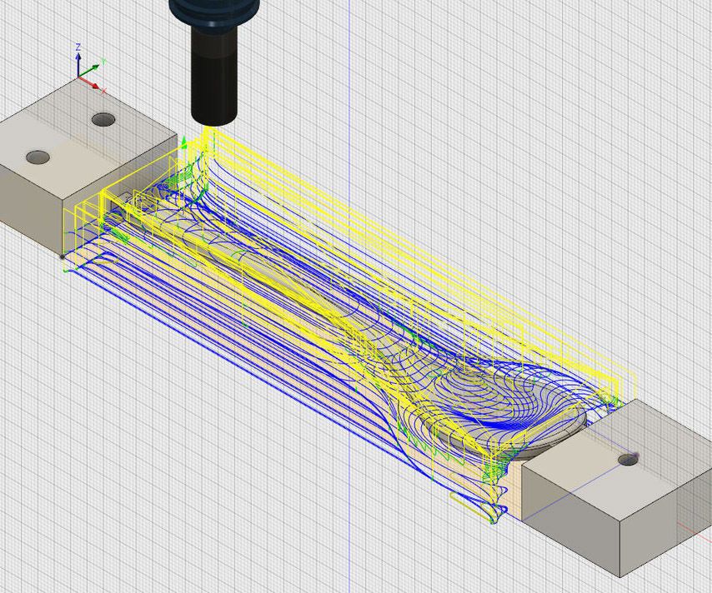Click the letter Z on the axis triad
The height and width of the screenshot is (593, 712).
click(x=78, y=47)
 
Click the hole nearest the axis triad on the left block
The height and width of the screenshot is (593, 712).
click(x=103, y=120)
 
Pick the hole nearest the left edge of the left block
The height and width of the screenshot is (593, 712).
click(x=38, y=157)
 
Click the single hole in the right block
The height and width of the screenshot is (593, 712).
click(x=628, y=459)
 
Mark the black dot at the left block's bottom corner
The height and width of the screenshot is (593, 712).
click(x=63, y=257)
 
